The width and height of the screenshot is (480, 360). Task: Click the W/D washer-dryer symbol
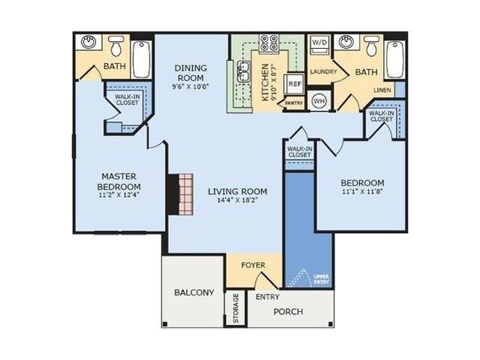click(x=320, y=45)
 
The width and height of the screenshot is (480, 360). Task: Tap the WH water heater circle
click(x=319, y=101)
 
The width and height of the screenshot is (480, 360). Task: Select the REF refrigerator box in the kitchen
click(x=294, y=83)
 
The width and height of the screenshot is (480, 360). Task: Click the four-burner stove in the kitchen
click(x=269, y=43)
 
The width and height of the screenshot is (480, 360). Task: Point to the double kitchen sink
click(x=243, y=72)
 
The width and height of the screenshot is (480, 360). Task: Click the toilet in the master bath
click(x=116, y=46)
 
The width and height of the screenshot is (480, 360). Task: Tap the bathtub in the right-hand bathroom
click(x=394, y=59)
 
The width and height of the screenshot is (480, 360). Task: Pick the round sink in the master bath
click(x=89, y=42)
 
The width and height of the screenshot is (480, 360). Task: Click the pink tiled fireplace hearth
click(x=186, y=194)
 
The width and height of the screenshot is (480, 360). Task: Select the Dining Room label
click(x=191, y=73)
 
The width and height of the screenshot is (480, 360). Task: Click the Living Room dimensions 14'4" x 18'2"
click(x=237, y=201)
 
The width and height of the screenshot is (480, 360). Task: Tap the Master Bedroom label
click(x=119, y=181)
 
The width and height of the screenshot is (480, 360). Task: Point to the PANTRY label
click(x=294, y=103)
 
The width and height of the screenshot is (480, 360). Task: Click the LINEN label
click(x=382, y=90)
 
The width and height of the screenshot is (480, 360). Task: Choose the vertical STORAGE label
click(x=236, y=309)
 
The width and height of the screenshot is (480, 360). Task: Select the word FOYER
click(x=253, y=265)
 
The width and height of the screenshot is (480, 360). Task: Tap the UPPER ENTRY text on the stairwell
click(x=322, y=279)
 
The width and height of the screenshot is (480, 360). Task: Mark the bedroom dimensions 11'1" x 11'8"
click(x=363, y=192)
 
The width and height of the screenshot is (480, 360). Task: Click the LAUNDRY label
click(x=323, y=71)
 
